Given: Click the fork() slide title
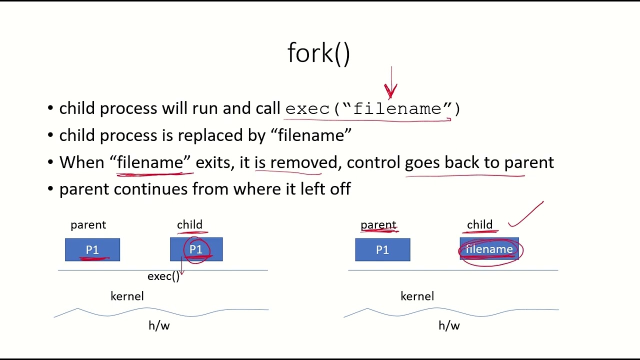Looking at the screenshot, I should pos(319,53).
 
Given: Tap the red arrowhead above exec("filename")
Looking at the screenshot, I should pos(390,90).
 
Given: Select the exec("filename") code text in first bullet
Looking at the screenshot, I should pos(372,108).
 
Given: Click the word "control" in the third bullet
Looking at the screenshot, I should pos(373,162).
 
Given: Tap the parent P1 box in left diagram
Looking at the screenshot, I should pos(92,250).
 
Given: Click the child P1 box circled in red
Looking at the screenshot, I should pos(196,249).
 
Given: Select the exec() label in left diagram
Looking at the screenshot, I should pos(163,276).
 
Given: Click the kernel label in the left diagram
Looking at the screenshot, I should pos(127,296).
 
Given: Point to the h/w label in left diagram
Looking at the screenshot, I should pos(159,326).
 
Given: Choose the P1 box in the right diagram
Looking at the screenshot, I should pos(382,250).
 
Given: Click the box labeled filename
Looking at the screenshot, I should pos(489,249).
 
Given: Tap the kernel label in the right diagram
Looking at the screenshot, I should pos(417,296).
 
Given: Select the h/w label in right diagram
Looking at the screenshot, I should pos(449,326).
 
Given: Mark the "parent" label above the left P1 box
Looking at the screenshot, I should pos(88,225).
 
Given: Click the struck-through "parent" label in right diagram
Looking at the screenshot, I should pos(378,225).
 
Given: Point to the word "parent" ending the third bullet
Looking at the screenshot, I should pos(529,162).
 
